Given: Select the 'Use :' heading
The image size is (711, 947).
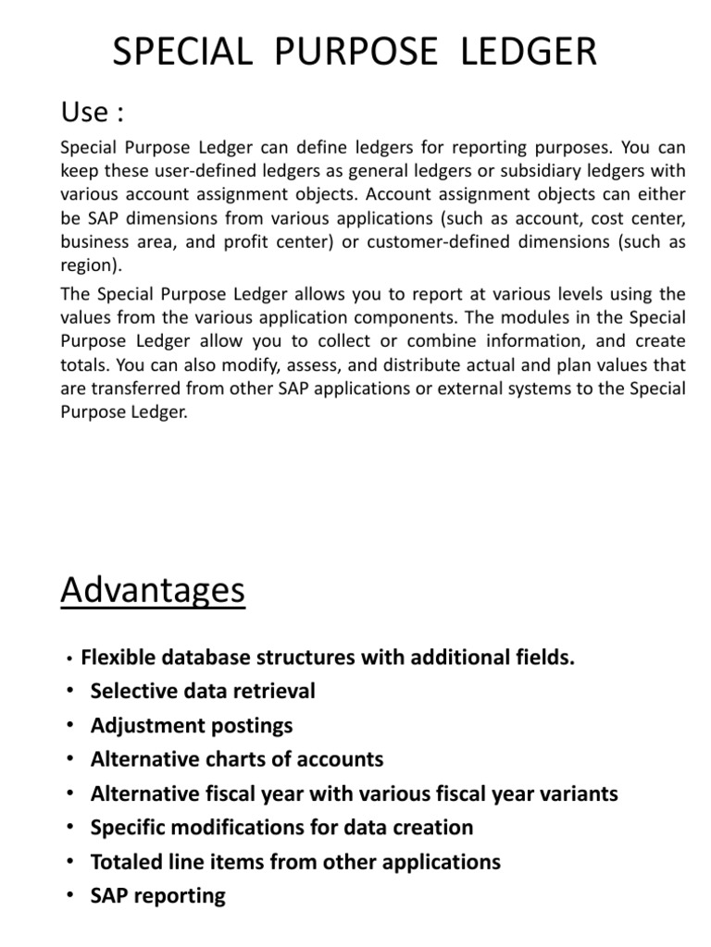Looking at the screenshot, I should (92, 114).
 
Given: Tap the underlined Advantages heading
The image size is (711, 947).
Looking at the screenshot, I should (153, 591).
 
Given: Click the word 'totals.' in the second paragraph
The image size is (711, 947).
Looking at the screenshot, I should (84, 365).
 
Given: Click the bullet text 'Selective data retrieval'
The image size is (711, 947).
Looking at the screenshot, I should (203, 691).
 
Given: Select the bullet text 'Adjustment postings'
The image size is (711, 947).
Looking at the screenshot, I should (192, 725).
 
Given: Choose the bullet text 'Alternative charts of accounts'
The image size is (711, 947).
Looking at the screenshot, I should (237, 759).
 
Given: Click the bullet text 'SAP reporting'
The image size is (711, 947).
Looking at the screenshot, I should (158, 895).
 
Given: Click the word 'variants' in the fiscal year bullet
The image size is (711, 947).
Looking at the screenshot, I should (576, 793).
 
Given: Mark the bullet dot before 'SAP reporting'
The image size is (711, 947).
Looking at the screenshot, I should (70, 896).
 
